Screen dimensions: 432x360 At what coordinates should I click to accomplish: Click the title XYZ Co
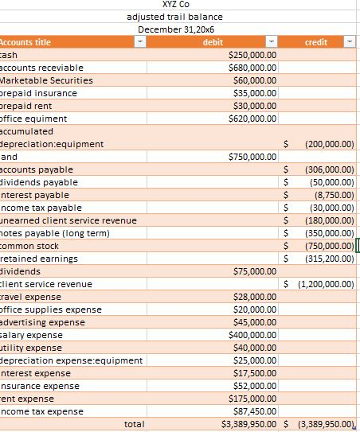174,5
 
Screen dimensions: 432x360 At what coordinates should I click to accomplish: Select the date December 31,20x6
175,29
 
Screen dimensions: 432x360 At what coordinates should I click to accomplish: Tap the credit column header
316,42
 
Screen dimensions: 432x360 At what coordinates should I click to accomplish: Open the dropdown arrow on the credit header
350,42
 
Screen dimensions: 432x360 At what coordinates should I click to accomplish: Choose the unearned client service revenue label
68,220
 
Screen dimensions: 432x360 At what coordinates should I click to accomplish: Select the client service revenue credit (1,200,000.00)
325,284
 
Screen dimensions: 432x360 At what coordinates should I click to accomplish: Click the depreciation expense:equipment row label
71,360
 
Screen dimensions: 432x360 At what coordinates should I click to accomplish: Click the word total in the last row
135,424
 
